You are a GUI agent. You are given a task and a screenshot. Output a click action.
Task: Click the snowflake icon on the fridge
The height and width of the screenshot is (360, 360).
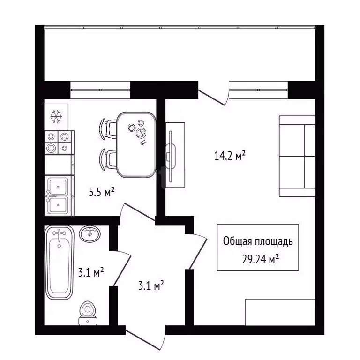[x=56, y=115]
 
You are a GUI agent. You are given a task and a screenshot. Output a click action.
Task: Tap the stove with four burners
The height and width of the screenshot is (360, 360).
[x=59, y=142]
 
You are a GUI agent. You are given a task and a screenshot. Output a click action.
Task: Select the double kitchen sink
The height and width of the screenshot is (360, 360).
[x=59, y=195]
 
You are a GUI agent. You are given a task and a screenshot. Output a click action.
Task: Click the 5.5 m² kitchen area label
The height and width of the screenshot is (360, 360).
[x=102, y=191]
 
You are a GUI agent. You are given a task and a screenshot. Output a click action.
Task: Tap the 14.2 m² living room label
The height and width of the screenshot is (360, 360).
[x=230, y=156]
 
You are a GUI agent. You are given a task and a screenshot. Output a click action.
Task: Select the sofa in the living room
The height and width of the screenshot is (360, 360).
[x=297, y=156]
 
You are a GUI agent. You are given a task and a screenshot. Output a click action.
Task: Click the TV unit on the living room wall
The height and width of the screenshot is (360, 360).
[x=175, y=152]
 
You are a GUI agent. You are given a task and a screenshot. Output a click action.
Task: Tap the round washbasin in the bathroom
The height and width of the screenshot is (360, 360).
[x=89, y=233]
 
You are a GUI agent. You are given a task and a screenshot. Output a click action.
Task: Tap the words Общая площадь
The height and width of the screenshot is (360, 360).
[x=258, y=242]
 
